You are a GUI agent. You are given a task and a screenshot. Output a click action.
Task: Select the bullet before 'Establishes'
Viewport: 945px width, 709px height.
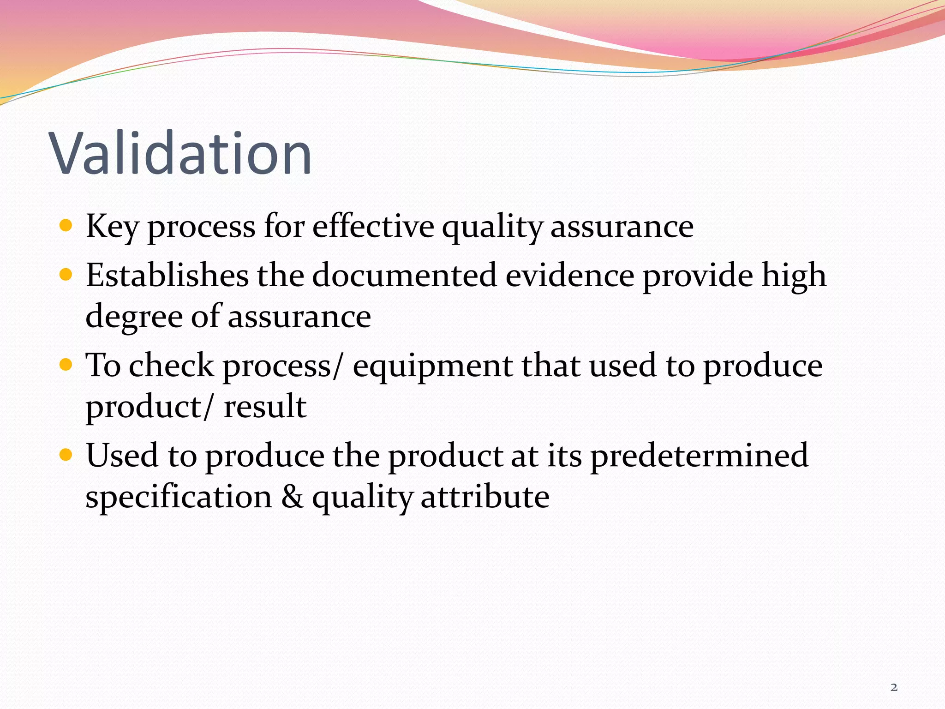pyautogui.click(x=66, y=275)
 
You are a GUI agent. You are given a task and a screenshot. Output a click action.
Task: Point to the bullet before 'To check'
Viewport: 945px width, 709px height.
pyautogui.click(x=66, y=365)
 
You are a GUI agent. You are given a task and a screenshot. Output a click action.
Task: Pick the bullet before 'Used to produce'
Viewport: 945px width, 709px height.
pyautogui.click(x=66, y=455)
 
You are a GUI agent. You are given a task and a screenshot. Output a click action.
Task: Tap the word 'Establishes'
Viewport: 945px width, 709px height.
pyautogui.click(x=167, y=275)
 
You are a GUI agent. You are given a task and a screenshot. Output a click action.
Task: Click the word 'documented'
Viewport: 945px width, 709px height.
pyautogui.click(x=405, y=275)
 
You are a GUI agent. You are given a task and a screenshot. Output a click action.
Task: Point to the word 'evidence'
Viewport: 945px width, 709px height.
pyautogui.click(x=570, y=275)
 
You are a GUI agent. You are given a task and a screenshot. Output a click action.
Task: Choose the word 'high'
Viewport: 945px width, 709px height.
pyautogui.click(x=794, y=276)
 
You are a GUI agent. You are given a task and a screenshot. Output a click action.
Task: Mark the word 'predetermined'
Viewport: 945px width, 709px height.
pyautogui.click(x=699, y=456)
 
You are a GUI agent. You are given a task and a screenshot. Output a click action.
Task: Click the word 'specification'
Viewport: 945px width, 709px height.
pyautogui.click(x=179, y=497)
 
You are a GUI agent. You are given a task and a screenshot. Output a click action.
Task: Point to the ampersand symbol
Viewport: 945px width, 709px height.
pyautogui.click(x=293, y=497)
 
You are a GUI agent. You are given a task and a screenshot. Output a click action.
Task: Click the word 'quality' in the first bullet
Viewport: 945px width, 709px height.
pyautogui.click(x=492, y=227)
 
